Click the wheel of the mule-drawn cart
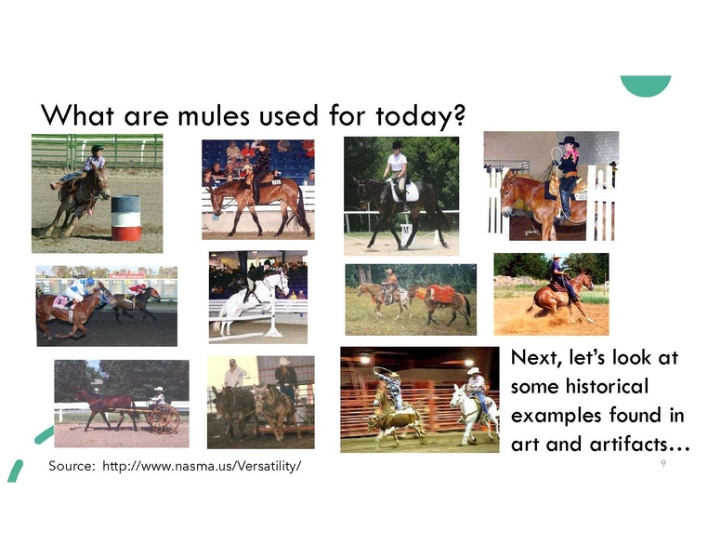coord(164,418)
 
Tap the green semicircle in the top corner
coord(646,86)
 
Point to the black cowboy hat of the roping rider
coord(569,141)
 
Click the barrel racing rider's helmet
coord(97,149)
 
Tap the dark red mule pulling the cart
coord(106,406)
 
